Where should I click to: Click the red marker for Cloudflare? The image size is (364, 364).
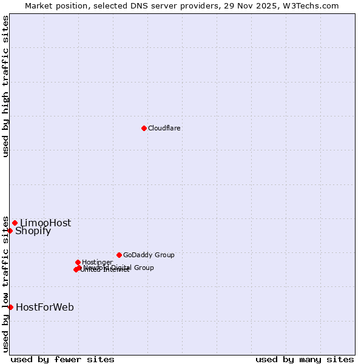point(144,128)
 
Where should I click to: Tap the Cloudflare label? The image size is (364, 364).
point(164,129)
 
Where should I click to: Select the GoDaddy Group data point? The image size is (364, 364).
point(119,255)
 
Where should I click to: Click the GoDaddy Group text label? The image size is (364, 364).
point(149,255)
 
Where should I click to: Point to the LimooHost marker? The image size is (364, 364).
point(15,223)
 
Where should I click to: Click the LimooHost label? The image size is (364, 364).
point(45,223)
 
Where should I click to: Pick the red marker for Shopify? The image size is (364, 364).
point(10,231)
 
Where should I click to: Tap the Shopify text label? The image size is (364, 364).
point(33,231)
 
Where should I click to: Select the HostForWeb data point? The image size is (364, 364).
point(10,307)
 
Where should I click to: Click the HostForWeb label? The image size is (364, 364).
point(45,308)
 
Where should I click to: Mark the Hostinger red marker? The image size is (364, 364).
point(78,262)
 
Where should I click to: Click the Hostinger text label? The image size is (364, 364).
point(97,263)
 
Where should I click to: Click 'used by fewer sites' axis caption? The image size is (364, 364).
point(62,360)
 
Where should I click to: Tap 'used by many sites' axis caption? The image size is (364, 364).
point(305,360)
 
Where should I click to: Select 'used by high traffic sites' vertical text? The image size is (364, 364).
point(6,86)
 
